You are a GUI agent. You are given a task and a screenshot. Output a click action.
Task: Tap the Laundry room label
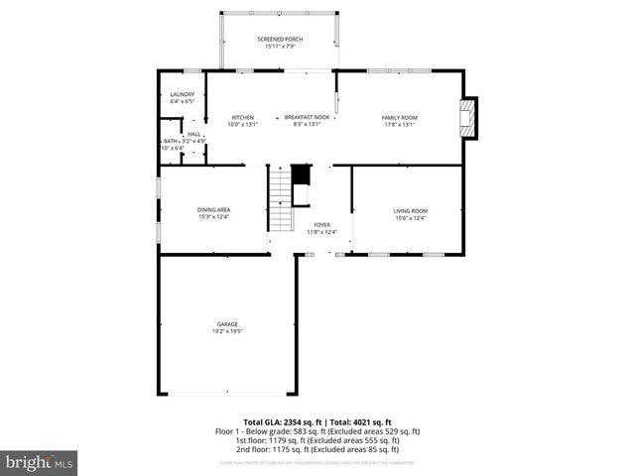182,94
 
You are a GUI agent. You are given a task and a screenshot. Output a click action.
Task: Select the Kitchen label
243,117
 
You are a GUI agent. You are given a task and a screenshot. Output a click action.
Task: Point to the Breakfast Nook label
307,117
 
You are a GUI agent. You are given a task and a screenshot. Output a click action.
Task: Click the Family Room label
400,117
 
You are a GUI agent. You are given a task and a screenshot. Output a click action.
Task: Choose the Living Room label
410,210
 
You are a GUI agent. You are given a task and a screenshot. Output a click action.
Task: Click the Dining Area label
213,209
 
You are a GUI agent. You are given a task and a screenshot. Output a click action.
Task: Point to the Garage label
228,324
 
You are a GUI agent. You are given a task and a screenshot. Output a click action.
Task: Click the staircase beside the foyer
282,198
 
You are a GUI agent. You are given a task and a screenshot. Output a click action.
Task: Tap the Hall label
193,133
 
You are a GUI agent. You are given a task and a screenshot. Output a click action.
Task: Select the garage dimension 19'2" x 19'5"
228,332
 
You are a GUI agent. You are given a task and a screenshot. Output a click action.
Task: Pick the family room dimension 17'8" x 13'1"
400,125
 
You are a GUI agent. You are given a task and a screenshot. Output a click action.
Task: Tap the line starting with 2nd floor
317,450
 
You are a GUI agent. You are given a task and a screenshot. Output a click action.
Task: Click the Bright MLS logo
39,462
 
